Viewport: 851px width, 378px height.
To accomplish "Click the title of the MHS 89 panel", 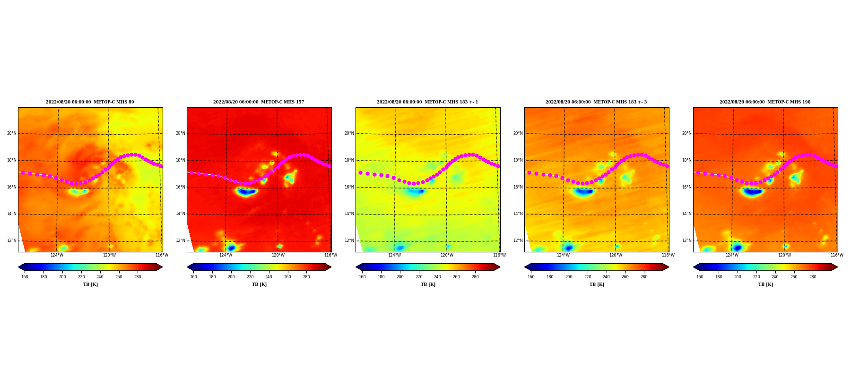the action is [x=90, y=102].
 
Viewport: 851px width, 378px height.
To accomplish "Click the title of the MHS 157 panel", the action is [x=259, y=102].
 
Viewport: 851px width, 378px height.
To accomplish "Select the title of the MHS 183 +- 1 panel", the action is [x=427, y=102].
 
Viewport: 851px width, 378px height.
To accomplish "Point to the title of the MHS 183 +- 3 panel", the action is [x=596, y=102].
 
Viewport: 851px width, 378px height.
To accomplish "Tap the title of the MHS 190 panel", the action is [x=765, y=102].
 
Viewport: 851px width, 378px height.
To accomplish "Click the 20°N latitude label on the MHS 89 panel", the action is [x=12, y=133].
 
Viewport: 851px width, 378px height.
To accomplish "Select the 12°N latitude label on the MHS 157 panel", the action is [x=181, y=241].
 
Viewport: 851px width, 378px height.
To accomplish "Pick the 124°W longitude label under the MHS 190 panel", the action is [x=732, y=255].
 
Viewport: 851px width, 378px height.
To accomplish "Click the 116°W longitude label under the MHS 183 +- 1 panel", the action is [x=499, y=255].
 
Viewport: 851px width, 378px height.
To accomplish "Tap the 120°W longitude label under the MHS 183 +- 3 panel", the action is [x=616, y=255].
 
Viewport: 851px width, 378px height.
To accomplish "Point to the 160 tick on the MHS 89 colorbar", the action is [x=25, y=277].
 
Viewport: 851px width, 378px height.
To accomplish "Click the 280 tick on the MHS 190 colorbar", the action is [x=813, y=277].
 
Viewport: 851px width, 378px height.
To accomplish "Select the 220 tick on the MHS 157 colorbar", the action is [x=250, y=277].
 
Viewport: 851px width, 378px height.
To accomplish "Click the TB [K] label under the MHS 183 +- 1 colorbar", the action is [x=428, y=284].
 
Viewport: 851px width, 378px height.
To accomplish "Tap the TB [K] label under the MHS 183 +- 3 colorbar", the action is [x=597, y=284].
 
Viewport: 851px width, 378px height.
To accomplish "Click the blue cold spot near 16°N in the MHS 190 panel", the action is [x=753, y=192].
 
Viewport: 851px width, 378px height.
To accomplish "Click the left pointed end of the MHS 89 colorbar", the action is [x=19, y=267].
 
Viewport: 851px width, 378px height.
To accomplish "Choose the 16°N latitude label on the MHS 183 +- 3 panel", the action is [x=518, y=187].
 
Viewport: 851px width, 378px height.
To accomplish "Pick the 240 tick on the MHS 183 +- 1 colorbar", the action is [x=437, y=277].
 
